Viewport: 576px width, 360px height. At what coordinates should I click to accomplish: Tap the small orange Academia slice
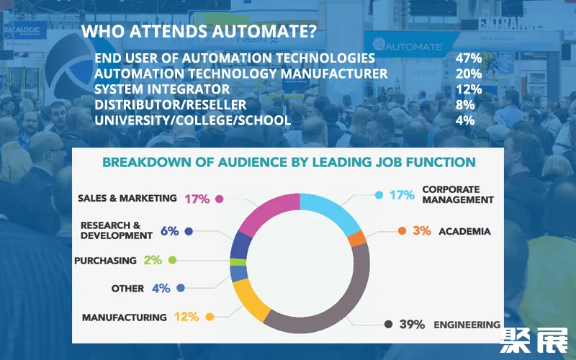[x=356, y=239]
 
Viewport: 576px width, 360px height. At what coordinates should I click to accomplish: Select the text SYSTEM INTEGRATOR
[x=162, y=89]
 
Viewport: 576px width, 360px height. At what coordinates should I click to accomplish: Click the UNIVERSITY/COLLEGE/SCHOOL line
[x=192, y=120]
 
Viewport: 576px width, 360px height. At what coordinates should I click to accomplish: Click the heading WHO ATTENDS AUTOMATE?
[x=200, y=32]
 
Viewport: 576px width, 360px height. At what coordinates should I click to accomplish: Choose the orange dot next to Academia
[x=402, y=231]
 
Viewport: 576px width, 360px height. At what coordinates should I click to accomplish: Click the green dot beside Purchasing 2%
[x=172, y=260]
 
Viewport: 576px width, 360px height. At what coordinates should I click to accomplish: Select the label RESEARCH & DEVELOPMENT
[x=116, y=230]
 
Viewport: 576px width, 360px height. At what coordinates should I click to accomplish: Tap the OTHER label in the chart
[x=127, y=288]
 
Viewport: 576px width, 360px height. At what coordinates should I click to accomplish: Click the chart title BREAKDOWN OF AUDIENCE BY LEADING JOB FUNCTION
[x=289, y=163]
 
